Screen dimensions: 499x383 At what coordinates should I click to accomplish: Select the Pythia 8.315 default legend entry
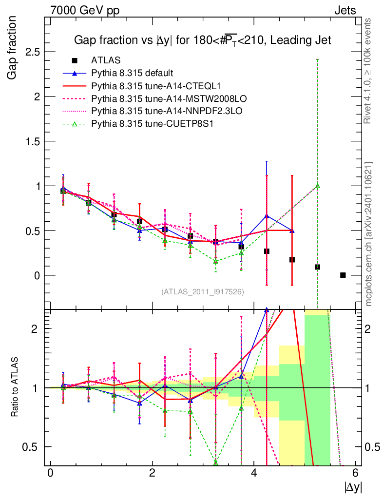[132, 73]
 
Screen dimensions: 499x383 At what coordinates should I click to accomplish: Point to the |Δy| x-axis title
[353, 487]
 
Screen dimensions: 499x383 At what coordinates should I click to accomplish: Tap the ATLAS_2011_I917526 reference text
[203, 291]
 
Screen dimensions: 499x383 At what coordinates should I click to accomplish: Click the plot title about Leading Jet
[202, 41]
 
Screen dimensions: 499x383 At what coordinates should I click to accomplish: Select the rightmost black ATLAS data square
[343, 275]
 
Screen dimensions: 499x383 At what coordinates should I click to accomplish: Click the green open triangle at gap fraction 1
[317, 186]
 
